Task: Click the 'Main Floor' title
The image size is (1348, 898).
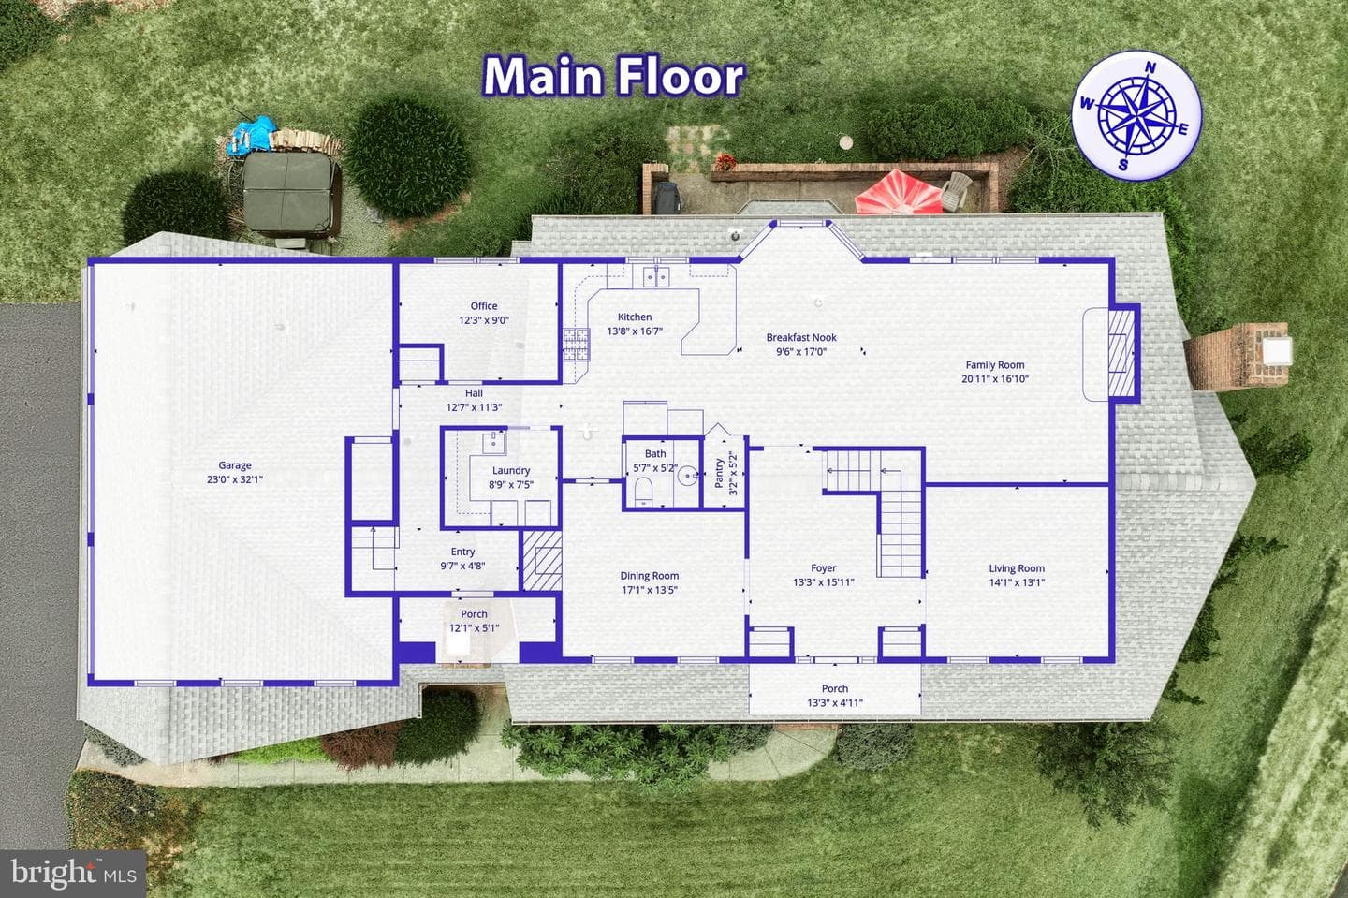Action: [614, 77]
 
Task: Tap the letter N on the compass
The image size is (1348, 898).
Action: [1150, 68]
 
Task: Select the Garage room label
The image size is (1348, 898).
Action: [235, 465]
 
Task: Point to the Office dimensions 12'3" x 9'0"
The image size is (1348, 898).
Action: [484, 320]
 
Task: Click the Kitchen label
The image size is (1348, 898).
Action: [635, 317]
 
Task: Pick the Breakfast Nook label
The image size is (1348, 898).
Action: [801, 338]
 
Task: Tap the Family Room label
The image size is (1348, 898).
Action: [995, 365]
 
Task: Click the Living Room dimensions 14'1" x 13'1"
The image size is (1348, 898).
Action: [1017, 582]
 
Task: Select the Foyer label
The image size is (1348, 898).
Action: [823, 568]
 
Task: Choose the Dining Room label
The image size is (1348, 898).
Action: [650, 576]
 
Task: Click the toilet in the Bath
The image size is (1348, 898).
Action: [643, 491]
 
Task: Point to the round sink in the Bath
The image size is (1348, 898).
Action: [687, 477]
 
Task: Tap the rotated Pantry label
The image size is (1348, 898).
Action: [719, 473]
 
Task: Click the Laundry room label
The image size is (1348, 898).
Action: [511, 471]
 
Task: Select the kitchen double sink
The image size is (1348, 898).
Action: [656, 277]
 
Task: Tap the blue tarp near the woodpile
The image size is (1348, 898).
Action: [254, 134]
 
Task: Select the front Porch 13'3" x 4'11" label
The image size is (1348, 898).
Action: [835, 696]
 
